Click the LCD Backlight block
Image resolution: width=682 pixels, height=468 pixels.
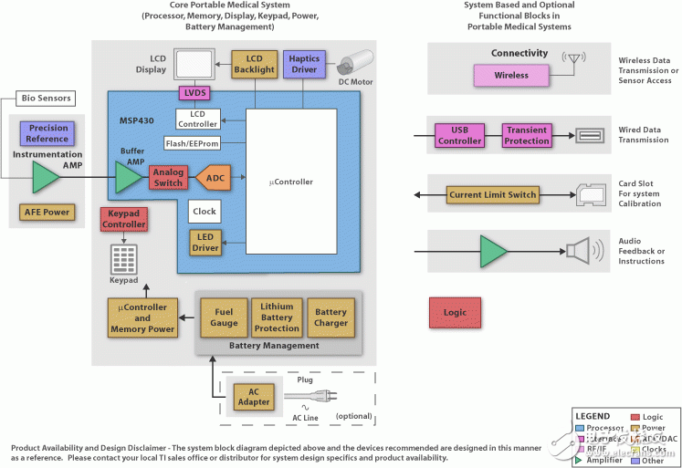tap(254, 64)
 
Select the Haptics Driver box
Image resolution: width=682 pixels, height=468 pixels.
tap(304, 64)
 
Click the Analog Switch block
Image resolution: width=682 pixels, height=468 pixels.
tap(169, 177)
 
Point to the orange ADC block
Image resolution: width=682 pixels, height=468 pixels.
tap(215, 177)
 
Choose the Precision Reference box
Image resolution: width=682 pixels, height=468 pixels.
tap(48, 133)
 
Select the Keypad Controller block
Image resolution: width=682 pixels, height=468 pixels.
tap(123, 219)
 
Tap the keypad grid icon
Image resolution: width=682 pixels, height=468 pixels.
tap(123, 259)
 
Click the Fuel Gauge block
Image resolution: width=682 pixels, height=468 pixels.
tap(224, 317)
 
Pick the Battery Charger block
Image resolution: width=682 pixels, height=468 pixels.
tap(331, 317)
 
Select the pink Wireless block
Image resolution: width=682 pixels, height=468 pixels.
tap(511, 76)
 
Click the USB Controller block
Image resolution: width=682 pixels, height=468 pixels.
tap(459, 135)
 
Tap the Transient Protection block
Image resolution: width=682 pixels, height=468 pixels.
tap(527, 135)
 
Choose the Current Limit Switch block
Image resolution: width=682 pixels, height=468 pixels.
tap(492, 194)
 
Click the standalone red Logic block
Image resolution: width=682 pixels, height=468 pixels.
tap(455, 313)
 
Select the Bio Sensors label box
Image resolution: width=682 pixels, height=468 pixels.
tap(45, 98)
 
